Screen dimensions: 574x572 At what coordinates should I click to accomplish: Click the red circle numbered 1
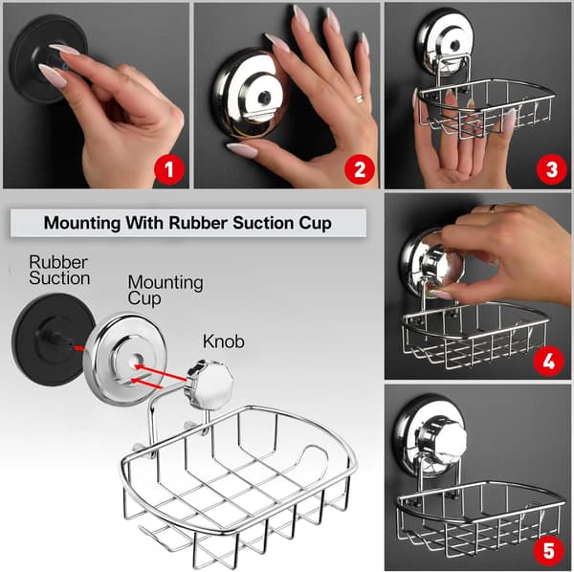(168, 169)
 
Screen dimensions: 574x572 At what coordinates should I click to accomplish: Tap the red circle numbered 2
(360, 169)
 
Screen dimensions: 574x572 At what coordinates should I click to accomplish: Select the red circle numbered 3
(551, 169)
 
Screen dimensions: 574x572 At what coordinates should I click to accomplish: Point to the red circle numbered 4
(548, 362)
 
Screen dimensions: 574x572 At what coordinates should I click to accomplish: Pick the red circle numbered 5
(548, 550)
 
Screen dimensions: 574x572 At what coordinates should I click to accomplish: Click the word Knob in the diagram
(223, 341)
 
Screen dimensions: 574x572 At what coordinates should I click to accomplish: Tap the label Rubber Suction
(59, 270)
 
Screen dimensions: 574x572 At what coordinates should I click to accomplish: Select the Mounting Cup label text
(166, 290)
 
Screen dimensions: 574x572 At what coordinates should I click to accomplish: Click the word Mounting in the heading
(82, 223)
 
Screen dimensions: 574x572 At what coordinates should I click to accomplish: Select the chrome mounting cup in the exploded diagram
(124, 360)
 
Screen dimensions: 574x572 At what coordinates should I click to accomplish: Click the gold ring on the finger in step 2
(359, 99)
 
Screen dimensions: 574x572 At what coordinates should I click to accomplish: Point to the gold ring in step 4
(494, 209)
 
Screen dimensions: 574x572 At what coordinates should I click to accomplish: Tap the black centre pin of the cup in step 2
(264, 98)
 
